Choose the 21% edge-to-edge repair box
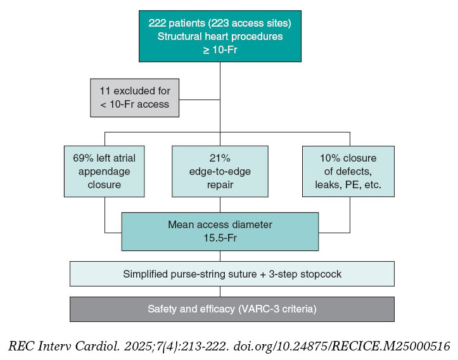(x=219, y=171)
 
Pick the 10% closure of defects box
(x=348, y=171)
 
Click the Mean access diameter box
(x=219, y=231)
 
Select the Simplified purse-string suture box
(x=232, y=274)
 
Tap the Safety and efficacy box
(x=232, y=309)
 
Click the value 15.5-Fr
(x=220, y=237)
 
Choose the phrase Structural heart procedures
(x=219, y=37)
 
